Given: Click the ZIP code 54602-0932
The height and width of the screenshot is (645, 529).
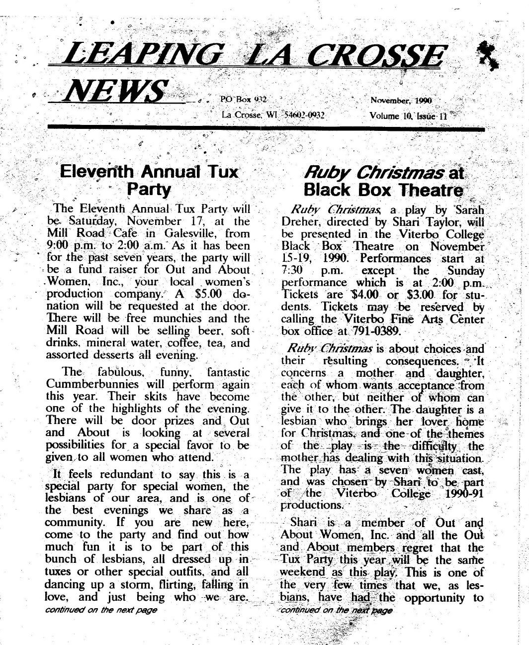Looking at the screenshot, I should pyautogui.click(x=304, y=115).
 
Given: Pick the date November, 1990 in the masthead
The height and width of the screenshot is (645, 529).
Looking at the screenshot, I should pyautogui.click(x=401, y=100).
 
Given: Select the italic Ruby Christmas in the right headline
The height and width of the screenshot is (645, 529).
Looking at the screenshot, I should pyautogui.click(x=374, y=173).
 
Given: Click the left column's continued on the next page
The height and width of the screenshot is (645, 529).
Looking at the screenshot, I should pyautogui.click(x=101, y=610).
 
